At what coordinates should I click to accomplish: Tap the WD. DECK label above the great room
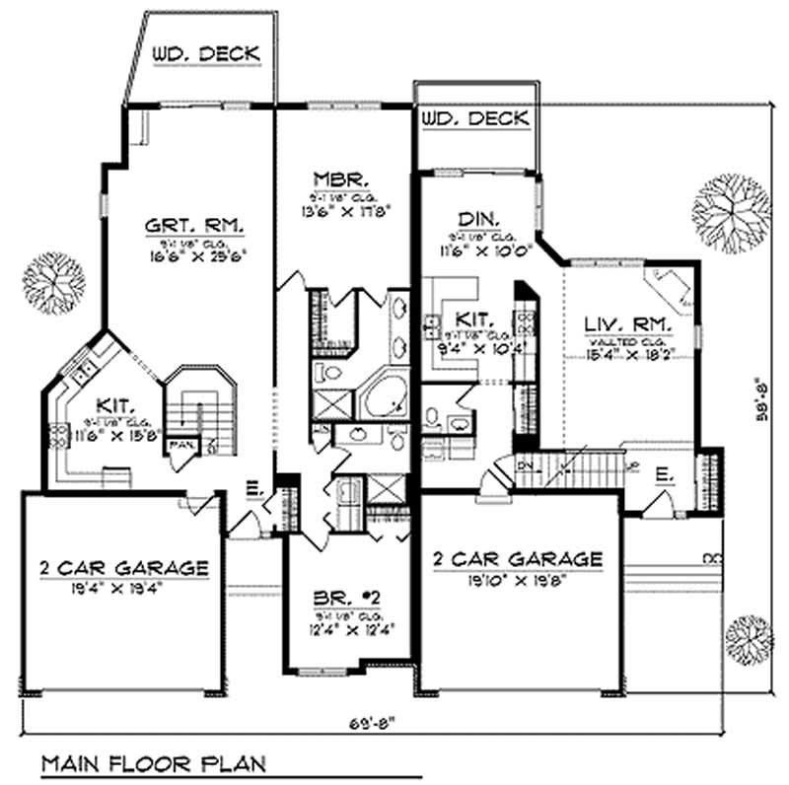pos(206,54)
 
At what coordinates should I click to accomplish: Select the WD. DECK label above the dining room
pos(474,119)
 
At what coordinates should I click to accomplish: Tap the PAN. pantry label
pos(179,447)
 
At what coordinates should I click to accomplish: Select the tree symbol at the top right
pos(731,212)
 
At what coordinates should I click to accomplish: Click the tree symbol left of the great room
pos(46,276)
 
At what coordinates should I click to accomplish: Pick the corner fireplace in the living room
pos(666,288)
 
